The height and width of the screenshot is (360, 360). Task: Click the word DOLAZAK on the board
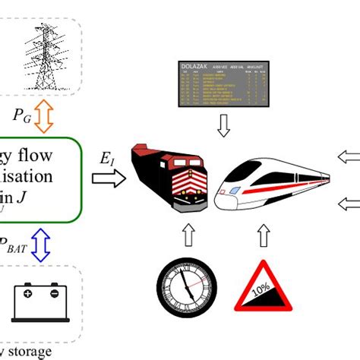[196, 68]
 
